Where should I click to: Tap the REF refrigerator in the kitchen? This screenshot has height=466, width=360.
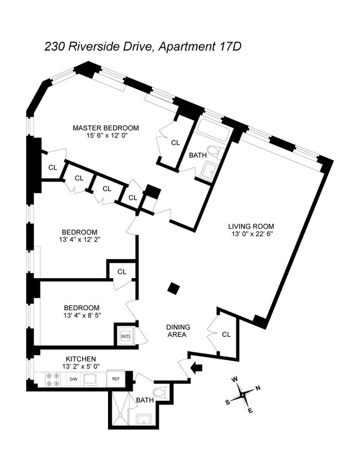(x=115, y=378)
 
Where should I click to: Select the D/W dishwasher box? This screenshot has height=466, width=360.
(x=73, y=379)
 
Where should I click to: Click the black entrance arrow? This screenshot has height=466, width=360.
(x=196, y=368)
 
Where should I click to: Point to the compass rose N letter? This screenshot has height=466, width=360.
(x=258, y=387)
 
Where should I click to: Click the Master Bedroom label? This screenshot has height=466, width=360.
(x=106, y=128)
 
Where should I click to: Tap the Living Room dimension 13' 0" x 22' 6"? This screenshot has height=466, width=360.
(x=252, y=234)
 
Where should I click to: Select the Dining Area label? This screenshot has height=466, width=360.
(x=178, y=330)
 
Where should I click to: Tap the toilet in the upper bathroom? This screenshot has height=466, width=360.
(x=215, y=151)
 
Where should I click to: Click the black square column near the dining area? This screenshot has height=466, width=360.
(x=174, y=288)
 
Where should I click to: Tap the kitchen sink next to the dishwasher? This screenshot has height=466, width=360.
(x=90, y=379)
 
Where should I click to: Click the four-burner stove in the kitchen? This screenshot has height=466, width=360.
(x=52, y=379)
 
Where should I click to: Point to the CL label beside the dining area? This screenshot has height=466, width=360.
(x=227, y=334)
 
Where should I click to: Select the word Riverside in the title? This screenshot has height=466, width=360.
(x=92, y=47)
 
